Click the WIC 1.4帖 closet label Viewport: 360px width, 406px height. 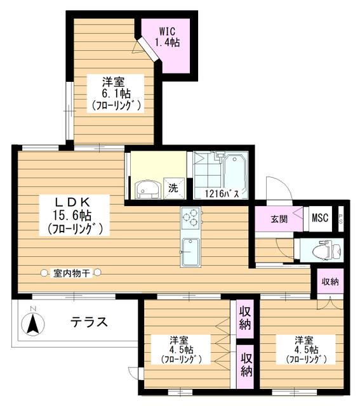[167, 37]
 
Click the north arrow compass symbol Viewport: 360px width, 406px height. [33, 324]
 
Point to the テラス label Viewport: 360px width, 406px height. [89, 322]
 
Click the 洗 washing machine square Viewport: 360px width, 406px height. [174, 188]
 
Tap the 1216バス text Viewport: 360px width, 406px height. [222, 193]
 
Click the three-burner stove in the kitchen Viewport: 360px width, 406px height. [190, 218]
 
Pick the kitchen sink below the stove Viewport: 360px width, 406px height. [190, 252]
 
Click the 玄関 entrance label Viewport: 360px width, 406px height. [279, 219]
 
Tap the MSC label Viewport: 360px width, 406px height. [320, 218]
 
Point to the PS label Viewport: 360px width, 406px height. [340, 219]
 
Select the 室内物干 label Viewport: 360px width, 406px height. [72, 273]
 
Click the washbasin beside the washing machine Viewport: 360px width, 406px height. [148, 190]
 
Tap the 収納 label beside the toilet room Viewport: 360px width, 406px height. [330, 282]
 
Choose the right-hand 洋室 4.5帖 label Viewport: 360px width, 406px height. [306, 349]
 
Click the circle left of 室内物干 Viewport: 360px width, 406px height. [44, 273]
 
